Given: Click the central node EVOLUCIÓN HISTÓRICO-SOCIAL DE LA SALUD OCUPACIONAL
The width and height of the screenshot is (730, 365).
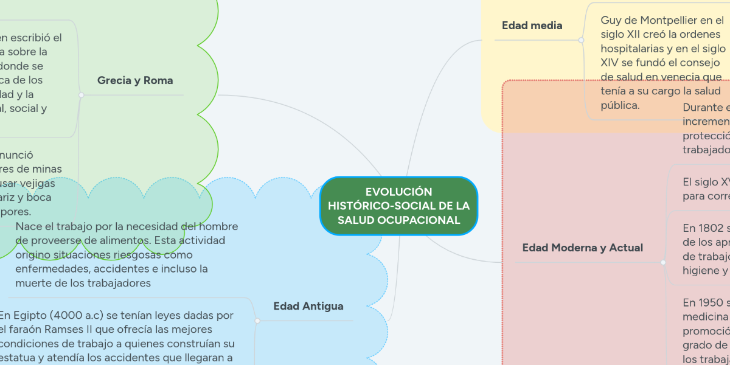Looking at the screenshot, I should (398, 206).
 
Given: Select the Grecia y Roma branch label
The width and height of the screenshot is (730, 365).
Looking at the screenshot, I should (135, 80).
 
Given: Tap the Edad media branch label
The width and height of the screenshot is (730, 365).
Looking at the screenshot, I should (532, 26).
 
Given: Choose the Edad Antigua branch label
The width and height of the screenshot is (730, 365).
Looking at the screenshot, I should (308, 306).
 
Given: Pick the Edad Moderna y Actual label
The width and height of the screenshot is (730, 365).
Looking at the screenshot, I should (582, 248).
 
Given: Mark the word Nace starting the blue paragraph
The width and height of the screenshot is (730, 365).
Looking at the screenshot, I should (28, 226).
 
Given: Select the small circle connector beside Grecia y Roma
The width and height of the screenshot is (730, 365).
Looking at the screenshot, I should (81, 95).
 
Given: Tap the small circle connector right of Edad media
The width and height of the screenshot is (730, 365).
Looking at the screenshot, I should (581, 40).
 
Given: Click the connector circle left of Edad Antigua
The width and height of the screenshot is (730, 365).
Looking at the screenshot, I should (257, 321).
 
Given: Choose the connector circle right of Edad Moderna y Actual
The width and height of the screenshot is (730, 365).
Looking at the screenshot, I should (662, 262).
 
